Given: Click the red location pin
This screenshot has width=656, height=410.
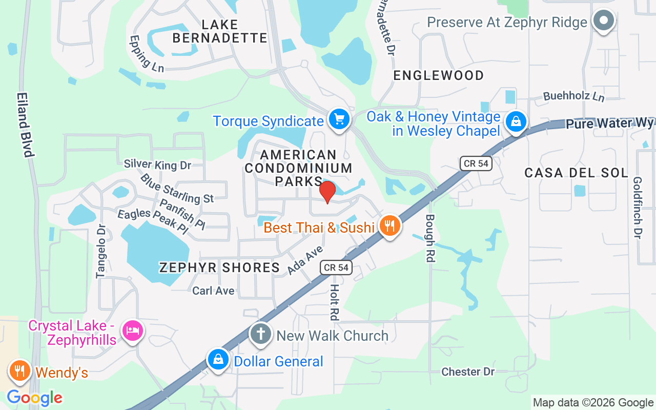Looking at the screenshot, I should (327, 192).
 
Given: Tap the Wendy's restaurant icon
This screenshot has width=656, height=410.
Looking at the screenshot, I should (20, 370).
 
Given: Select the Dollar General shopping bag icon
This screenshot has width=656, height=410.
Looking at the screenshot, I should (218, 359).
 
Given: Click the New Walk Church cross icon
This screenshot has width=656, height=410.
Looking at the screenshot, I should (260, 334).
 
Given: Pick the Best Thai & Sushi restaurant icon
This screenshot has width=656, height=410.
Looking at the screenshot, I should (390, 225).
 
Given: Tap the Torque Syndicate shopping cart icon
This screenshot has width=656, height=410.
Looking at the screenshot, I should (338, 119).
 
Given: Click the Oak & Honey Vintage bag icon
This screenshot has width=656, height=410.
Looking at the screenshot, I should (516, 121).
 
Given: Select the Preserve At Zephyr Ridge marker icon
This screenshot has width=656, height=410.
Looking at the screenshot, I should (603, 21).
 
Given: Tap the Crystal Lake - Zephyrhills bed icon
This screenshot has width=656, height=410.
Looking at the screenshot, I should (132, 330).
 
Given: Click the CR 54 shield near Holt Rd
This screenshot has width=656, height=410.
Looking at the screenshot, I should (336, 267).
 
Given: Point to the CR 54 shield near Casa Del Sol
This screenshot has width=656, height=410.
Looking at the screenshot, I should (476, 163).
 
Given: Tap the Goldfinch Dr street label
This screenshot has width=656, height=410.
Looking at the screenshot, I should (638, 208).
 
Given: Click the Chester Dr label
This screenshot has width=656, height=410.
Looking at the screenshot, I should (468, 372).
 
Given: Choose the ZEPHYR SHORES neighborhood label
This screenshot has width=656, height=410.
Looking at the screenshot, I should (219, 267).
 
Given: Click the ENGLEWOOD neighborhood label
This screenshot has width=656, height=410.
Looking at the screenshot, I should (438, 75).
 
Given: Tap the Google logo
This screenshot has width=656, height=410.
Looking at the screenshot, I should (34, 398).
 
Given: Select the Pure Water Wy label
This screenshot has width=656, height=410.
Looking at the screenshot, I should (609, 124).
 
